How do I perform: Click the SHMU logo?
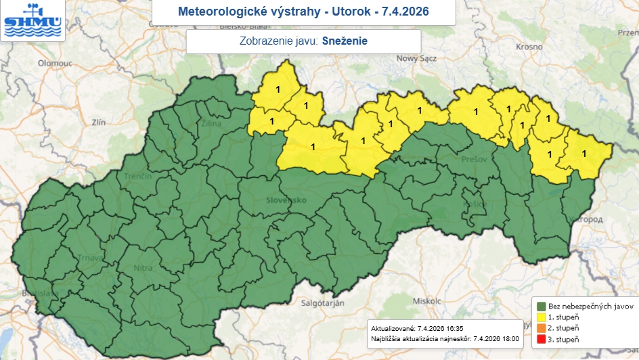tap(32, 20)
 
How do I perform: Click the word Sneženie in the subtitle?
tap(345, 41)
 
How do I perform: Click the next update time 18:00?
tap(507, 338)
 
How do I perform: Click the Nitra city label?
tap(143, 269)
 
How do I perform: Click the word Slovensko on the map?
tap(286, 200)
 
